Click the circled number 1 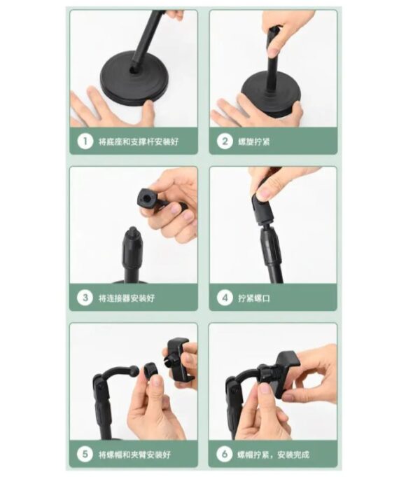[85, 141]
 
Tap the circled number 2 [225, 141]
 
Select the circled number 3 [85, 298]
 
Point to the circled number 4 [225, 298]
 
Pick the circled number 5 [85, 454]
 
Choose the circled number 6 [225, 454]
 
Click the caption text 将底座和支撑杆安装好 [139, 141]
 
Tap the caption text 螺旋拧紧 [254, 141]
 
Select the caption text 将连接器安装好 [127, 298]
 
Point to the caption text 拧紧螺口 [254, 298]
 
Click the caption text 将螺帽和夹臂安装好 [134, 455]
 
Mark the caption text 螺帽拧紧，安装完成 [274, 455]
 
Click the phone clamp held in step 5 [178, 360]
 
